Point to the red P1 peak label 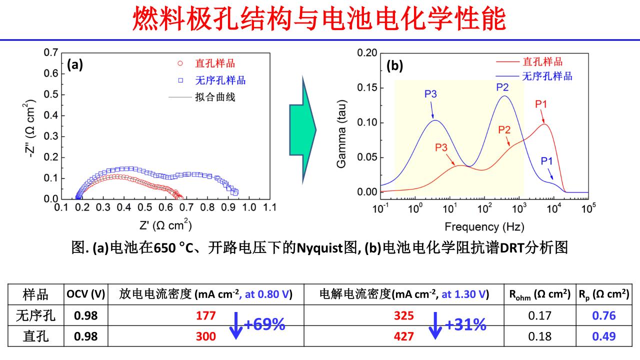[541, 104]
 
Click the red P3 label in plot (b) [441, 147]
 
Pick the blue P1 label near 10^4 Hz [547, 161]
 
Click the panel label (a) [75, 64]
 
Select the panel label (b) [394, 66]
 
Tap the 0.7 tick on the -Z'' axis [50, 52]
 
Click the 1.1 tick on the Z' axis [270, 207]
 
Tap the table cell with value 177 [205, 315]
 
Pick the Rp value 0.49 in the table [603, 336]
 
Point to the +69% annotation [264, 325]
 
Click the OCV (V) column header [85, 294]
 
